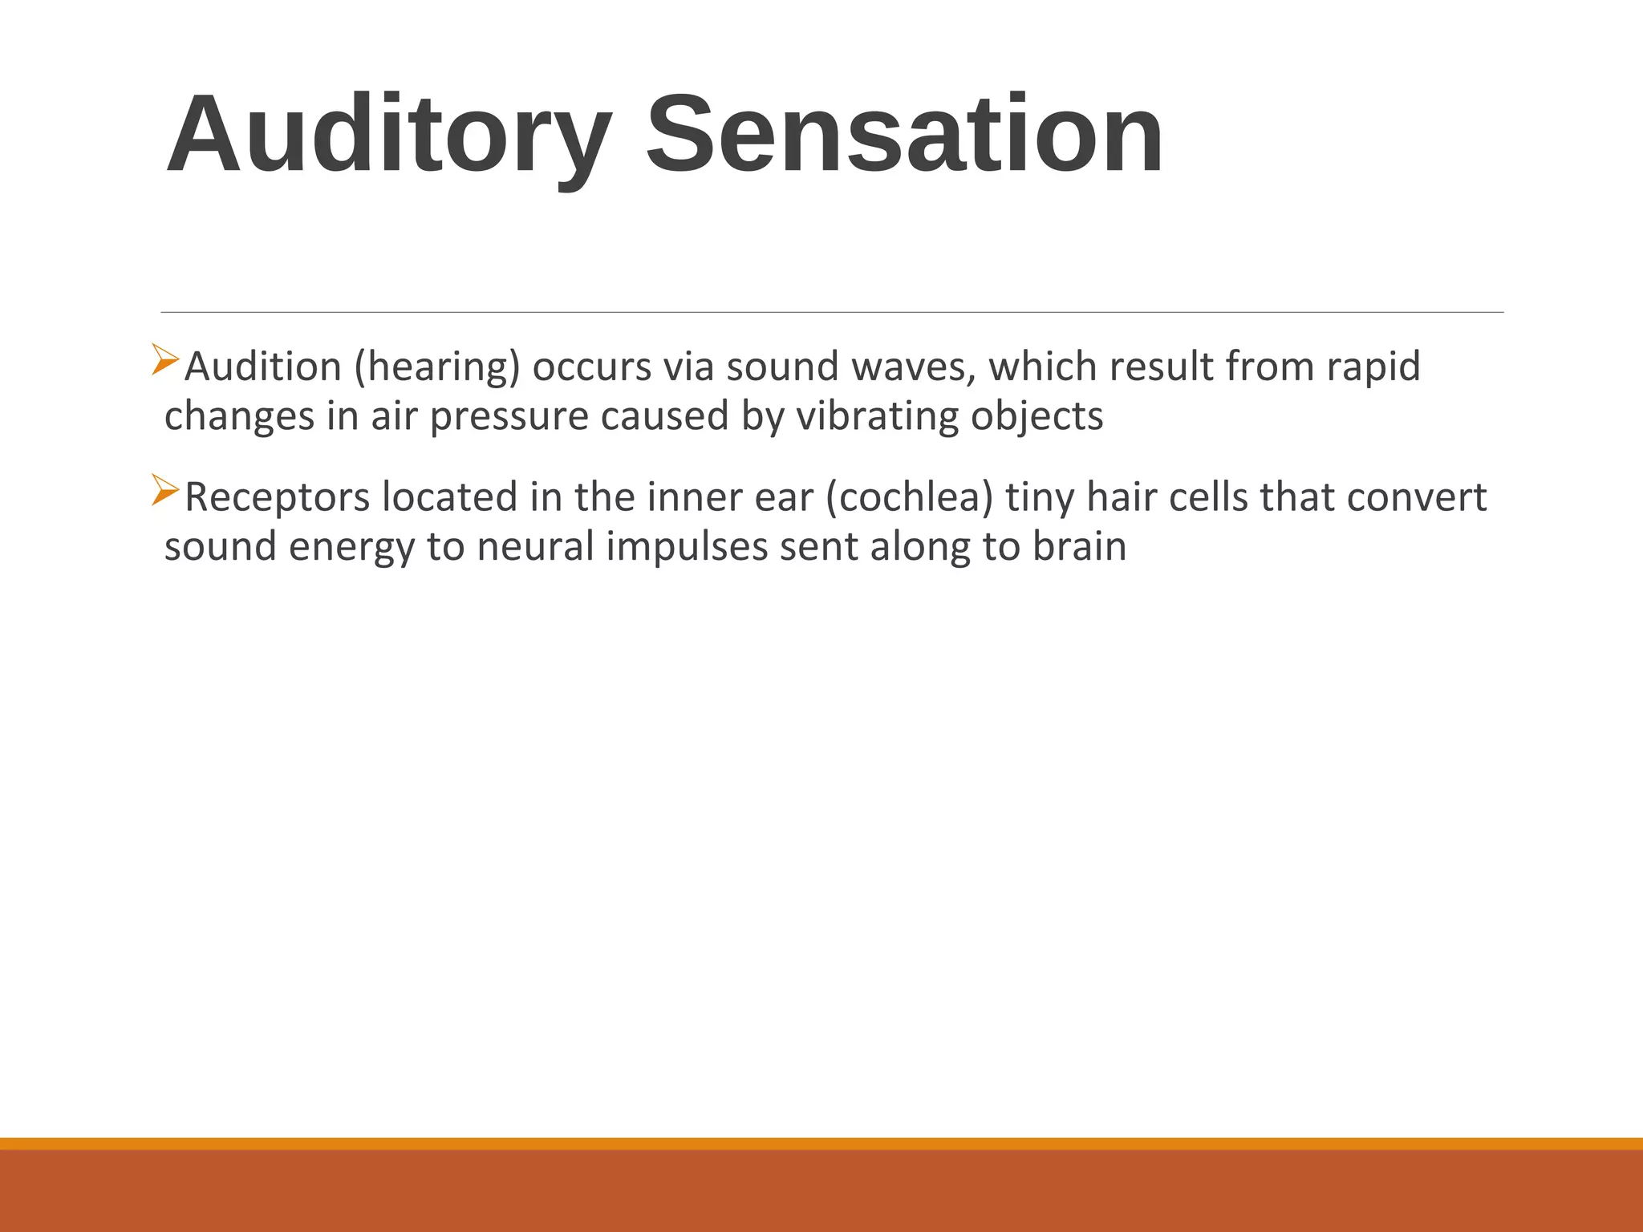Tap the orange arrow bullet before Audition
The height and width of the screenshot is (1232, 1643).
(164, 359)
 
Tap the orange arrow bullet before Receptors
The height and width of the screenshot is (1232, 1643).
(164, 490)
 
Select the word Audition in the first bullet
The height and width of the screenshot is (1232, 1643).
(263, 367)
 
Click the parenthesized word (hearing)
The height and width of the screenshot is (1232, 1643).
(437, 368)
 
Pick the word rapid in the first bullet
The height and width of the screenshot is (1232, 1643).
(1373, 368)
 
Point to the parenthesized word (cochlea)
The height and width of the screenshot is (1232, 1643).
(909, 498)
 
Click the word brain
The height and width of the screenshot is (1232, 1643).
(1079, 547)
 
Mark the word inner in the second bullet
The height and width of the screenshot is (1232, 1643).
(688, 497)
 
